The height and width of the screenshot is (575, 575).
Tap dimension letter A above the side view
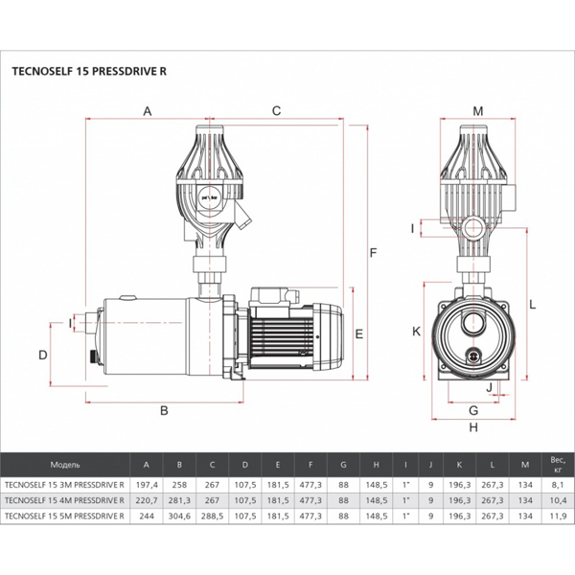pos(148,111)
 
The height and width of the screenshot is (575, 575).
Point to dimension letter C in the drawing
pos(276,111)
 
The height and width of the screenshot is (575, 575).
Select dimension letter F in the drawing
pos(375,252)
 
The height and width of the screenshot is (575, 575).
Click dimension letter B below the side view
pos(164,410)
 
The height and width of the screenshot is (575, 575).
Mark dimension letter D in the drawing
pos(43,355)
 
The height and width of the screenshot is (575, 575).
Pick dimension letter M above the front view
pos(478,111)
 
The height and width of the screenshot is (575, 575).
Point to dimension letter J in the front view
pos(489,387)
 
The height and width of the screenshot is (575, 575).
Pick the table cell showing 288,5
pos(213,517)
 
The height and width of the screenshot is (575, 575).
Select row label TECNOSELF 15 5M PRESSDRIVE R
pos(65,517)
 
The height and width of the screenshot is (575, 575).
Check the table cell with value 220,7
pos(148,500)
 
